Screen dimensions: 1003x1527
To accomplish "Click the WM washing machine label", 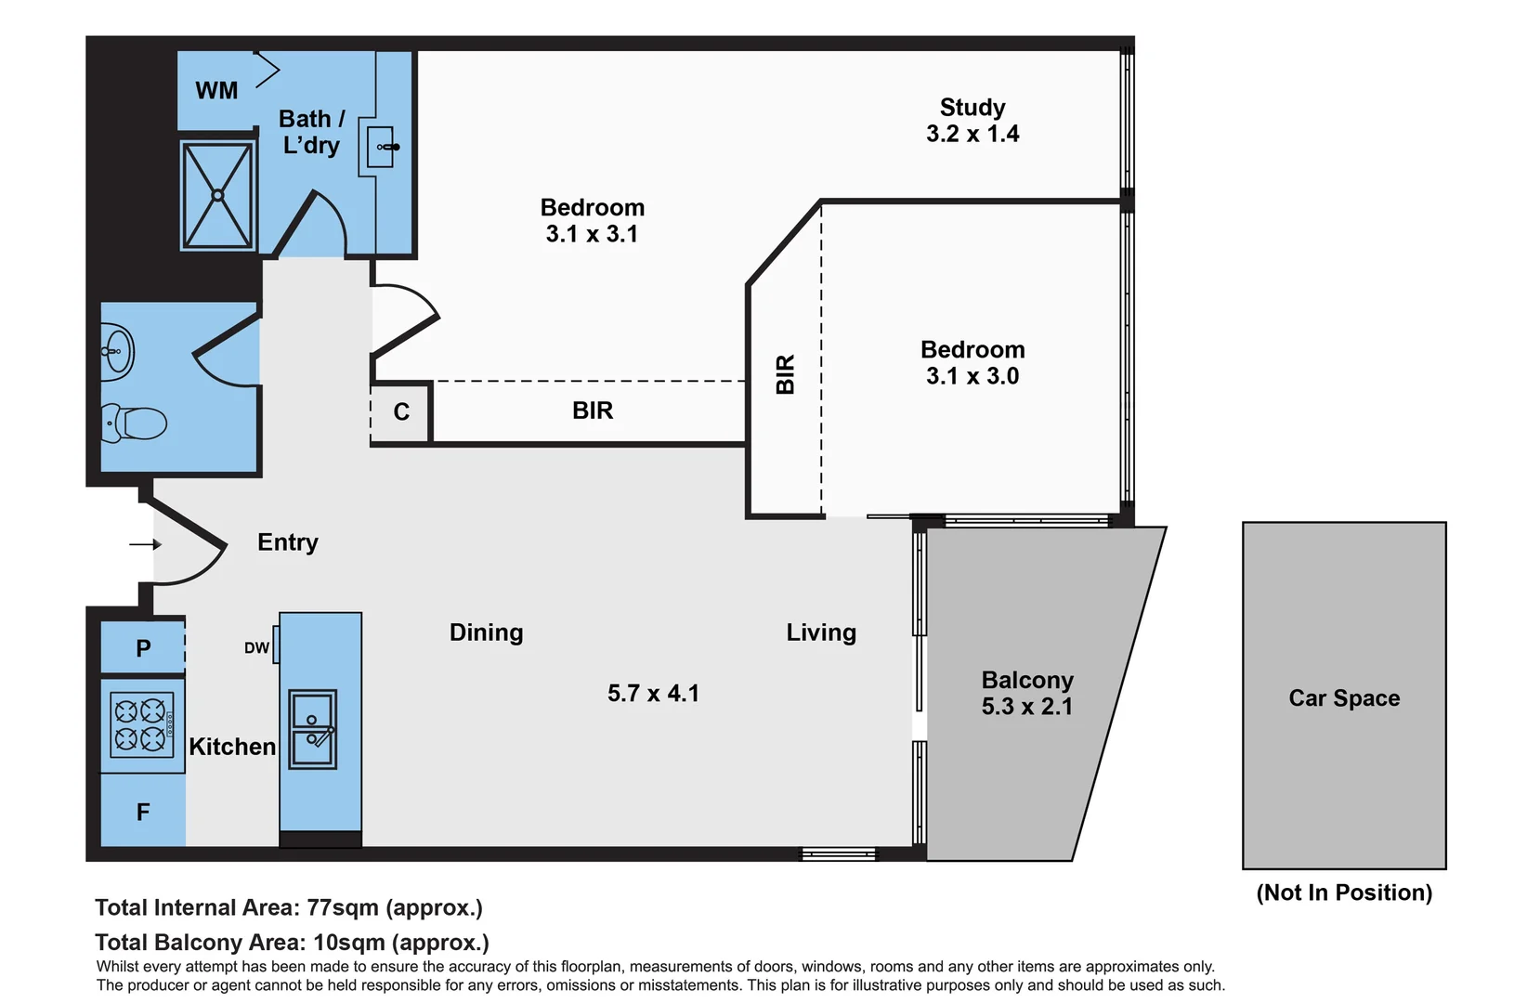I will tap(216, 91).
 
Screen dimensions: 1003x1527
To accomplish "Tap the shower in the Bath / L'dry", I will tap(217, 195).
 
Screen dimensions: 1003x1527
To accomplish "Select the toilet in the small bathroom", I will tap(136, 423).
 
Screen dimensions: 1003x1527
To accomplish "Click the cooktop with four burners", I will tap(141, 725).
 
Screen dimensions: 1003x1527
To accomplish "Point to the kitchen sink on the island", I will tap(313, 729).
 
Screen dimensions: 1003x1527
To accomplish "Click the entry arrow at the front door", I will tap(146, 544).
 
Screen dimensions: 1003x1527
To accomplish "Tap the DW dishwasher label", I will tap(256, 648).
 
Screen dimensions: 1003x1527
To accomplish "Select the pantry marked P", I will tap(143, 648).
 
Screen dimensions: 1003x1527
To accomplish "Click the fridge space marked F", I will tap(143, 813).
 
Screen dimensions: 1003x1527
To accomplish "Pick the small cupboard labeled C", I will tap(401, 412).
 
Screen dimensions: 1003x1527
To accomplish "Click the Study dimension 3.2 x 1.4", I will tap(972, 135).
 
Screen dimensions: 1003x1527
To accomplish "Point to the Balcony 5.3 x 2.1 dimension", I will tap(1026, 707).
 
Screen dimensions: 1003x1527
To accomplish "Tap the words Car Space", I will tap(1344, 698).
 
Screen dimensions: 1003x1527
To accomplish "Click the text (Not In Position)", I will tap(1344, 893).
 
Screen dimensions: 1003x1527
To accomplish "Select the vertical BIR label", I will tap(786, 374).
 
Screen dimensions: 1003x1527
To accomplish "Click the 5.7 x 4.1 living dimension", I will tap(653, 694).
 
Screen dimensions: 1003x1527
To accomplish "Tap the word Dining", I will tap(486, 632).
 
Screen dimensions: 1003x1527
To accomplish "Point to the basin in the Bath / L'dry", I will tap(381, 147).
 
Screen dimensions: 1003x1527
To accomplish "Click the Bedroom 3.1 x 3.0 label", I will tap(972, 363).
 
